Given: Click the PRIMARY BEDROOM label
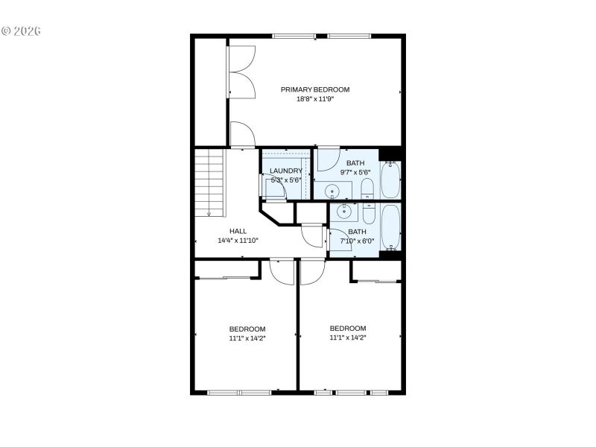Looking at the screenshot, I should (314, 89).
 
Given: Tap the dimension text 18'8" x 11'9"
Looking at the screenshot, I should (314, 99).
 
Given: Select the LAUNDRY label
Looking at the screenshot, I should (286, 171).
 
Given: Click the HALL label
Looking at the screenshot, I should (238, 231).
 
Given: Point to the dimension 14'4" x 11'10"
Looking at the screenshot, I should (238, 241).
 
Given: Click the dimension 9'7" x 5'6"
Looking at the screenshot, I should (355, 172).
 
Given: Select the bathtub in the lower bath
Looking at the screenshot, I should (390, 227).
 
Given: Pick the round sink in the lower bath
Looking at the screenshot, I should (344, 212).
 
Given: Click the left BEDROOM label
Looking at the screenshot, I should (247, 329).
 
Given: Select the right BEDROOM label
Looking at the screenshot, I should (348, 328).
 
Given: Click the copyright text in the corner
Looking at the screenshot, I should (21, 31).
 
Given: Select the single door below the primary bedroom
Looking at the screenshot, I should (242, 135).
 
